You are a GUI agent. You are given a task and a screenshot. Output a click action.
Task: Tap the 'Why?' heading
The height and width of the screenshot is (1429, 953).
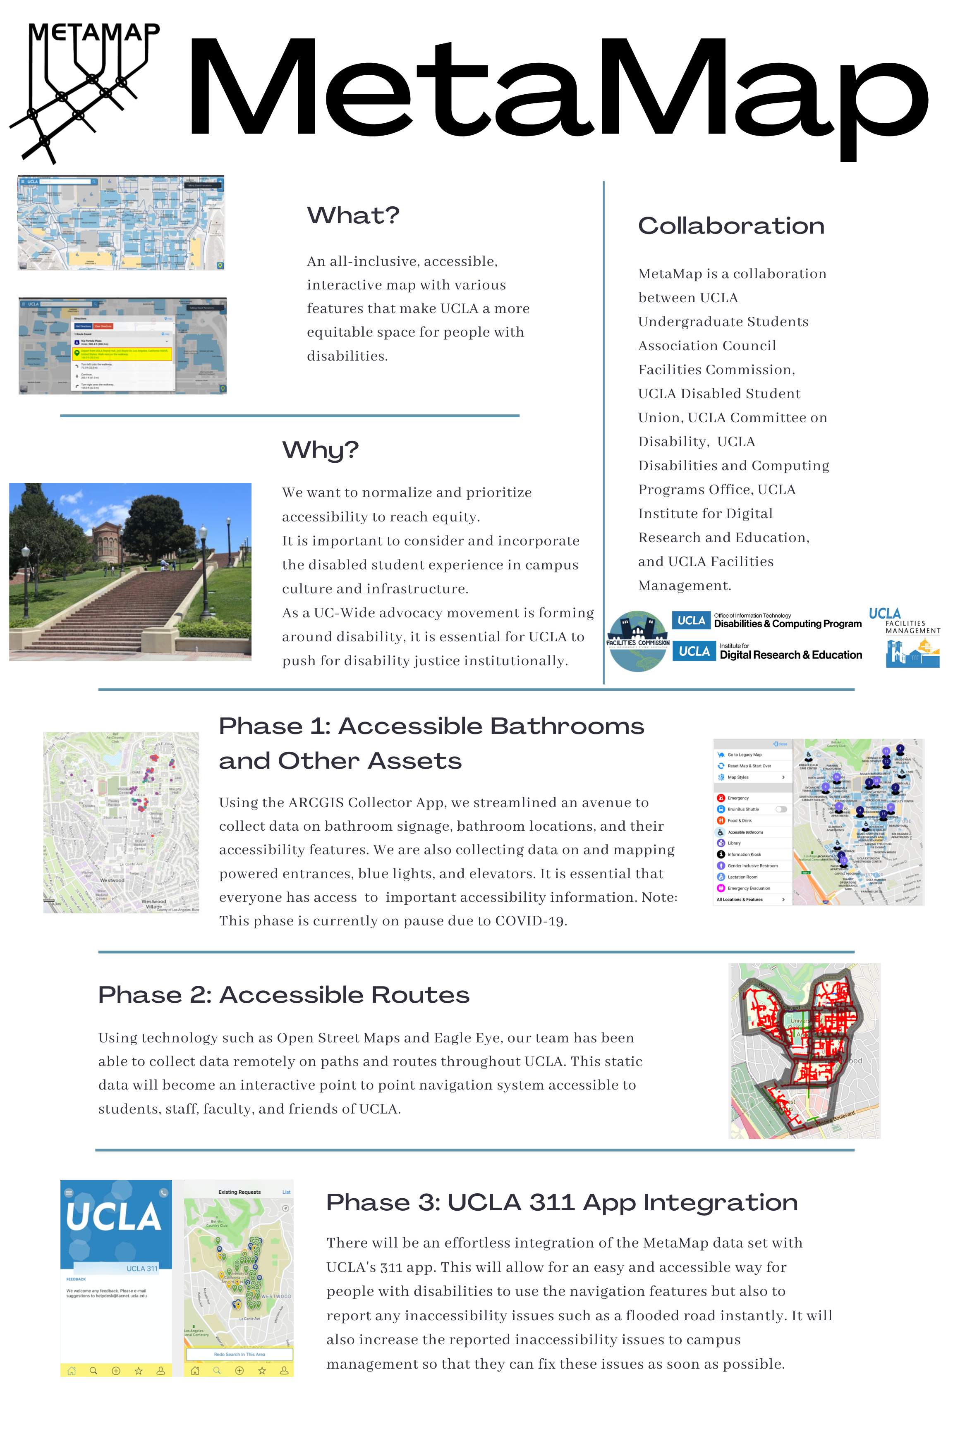pyautogui.click(x=320, y=450)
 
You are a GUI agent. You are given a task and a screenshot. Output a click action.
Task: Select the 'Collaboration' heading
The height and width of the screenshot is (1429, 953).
pyautogui.click(x=730, y=226)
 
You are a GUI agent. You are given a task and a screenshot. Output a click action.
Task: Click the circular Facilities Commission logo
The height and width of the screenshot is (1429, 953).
pyautogui.click(x=637, y=641)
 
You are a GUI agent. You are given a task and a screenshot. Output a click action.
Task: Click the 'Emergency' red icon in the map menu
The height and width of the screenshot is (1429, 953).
pyautogui.click(x=721, y=798)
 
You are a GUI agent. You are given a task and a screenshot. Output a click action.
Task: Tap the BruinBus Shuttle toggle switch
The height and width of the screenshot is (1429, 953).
pyautogui.click(x=781, y=809)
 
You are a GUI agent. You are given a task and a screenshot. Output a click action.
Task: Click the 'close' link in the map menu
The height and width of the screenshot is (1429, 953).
pyautogui.click(x=781, y=744)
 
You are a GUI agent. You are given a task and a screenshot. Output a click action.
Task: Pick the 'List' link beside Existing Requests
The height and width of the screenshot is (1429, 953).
pyautogui.click(x=286, y=1192)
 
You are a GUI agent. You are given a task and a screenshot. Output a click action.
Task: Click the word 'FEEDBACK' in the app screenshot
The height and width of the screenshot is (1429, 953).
pyautogui.click(x=76, y=1279)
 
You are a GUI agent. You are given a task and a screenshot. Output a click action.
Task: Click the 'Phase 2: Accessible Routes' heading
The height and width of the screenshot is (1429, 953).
pyautogui.click(x=283, y=995)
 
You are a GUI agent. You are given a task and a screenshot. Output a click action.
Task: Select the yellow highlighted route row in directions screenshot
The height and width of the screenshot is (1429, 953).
pyautogui.click(x=122, y=354)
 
